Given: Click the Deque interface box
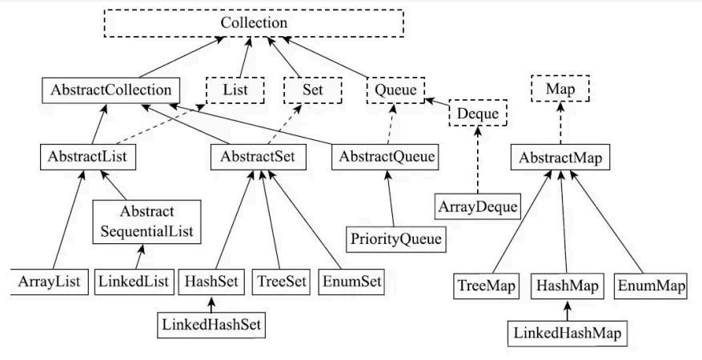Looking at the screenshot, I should tap(479, 114).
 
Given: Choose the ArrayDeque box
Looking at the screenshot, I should tap(477, 208).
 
